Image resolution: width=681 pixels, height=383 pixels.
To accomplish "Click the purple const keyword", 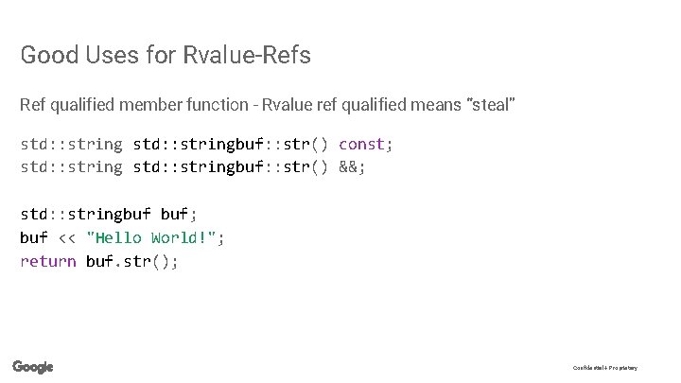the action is click(361, 145).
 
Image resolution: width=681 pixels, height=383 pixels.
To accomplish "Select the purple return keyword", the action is click(48, 261).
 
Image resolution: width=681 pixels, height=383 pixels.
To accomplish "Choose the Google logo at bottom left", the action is click(33, 367).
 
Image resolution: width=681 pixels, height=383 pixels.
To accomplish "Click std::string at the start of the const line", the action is click(71, 145).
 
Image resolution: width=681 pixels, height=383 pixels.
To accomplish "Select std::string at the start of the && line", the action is click(71, 167).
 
